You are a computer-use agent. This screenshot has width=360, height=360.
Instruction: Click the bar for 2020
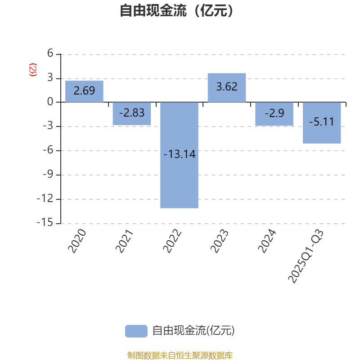84,91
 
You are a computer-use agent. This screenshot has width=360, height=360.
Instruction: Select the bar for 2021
132,114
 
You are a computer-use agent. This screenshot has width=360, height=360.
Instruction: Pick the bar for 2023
227,87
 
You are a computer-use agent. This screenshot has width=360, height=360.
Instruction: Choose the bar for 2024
274,114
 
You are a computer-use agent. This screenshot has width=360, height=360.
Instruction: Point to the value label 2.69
84,90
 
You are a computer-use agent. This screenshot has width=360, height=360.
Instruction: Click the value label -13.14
179,154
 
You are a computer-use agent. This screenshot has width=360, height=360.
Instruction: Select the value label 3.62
227,87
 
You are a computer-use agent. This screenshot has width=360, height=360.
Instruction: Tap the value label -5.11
322,121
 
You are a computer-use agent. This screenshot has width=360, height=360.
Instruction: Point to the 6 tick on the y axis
50,54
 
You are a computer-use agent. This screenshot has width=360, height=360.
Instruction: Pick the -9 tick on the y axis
47,175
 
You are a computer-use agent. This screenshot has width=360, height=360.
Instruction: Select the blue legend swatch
136,331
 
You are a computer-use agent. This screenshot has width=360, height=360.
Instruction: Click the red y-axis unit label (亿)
32,70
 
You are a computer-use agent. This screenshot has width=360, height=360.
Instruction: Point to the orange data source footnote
180,355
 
